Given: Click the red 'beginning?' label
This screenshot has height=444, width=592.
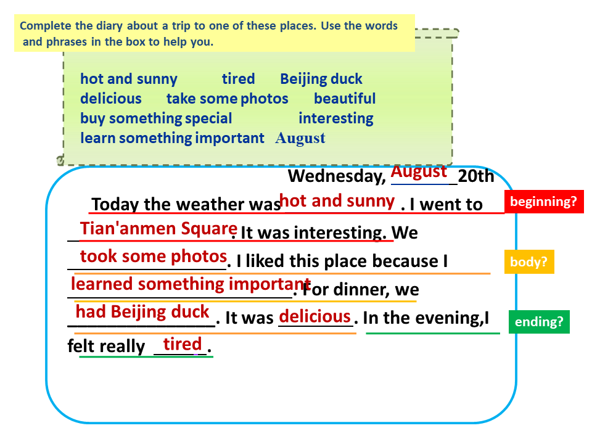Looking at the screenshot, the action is (544, 202).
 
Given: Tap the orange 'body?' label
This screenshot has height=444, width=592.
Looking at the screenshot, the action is (529, 261).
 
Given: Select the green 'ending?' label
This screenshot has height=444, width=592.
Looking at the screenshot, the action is (539, 322).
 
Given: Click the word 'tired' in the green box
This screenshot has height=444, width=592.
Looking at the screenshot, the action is (238, 79).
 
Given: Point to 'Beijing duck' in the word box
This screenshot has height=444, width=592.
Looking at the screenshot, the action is (321, 80).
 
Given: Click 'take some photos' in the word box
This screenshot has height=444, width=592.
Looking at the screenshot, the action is (228, 99).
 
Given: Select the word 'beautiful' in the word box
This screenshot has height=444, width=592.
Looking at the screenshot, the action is (345, 99).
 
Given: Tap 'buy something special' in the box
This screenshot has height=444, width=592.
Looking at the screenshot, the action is (156, 118).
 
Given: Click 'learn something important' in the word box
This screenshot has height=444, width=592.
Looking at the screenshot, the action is (172, 138).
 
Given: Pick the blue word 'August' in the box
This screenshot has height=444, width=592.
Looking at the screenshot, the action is (300, 139).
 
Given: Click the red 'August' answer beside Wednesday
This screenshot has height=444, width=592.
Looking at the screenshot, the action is (419, 172).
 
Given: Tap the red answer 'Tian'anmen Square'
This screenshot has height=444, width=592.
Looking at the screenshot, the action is (158, 229).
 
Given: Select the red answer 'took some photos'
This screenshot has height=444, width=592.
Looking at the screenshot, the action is (154, 257).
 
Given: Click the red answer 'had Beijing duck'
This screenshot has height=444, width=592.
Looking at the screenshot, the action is (142, 312).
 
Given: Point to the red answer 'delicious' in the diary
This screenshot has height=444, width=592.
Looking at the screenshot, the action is (315, 316).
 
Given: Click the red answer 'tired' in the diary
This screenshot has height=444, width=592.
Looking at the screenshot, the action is (183, 344).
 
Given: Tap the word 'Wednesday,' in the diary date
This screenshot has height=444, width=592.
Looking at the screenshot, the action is (337, 176).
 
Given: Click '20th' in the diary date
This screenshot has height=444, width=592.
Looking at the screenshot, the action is (475, 176).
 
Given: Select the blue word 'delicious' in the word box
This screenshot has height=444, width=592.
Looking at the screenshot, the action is (111, 99).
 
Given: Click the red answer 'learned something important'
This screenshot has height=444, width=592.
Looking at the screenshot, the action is (191, 284).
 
